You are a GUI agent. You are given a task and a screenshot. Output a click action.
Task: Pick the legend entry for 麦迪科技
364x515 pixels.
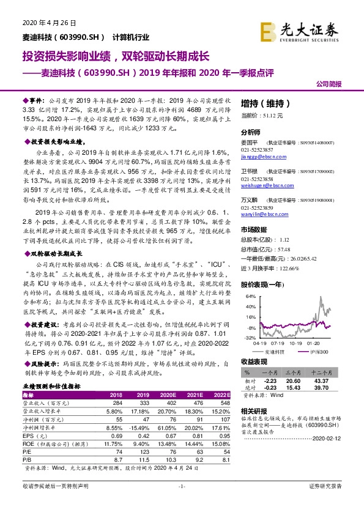pyautogui.click(x=275, y=353)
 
